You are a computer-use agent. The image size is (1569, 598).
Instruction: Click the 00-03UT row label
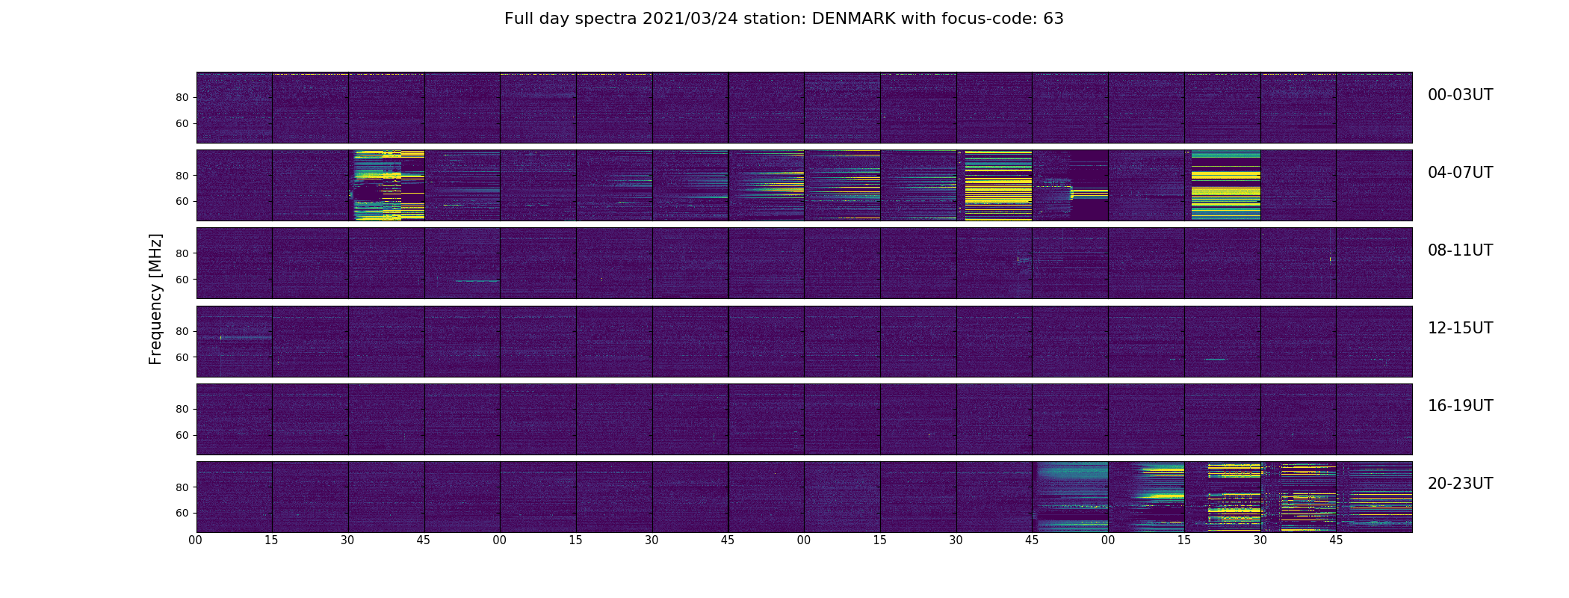pyautogui.click(x=1460, y=95)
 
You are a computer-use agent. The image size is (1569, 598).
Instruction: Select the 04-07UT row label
pyautogui.click(x=1460, y=173)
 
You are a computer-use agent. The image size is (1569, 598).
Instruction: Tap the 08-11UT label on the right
pyautogui.click(x=1460, y=250)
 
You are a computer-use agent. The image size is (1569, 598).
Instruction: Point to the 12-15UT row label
pyautogui.click(x=1460, y=328)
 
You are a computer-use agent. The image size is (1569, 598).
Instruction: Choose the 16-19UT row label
pyautogui.click(x=1460, y=406)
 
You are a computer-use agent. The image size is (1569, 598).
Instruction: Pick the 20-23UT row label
pyautogui.click(x=1460, y=484)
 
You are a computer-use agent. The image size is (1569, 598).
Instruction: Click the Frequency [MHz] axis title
pyautogui.click(x=155, y=299)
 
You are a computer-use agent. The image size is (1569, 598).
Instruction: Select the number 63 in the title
pyautogui.click(x=1053, y=19)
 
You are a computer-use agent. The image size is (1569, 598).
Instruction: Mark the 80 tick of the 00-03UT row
pyautogui.click(x=182, y=98)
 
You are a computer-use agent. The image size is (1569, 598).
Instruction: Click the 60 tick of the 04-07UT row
pyautogui.click(x=182, y=202)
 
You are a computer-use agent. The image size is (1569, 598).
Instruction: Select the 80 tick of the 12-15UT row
pyautogui.click(x=182, y=332)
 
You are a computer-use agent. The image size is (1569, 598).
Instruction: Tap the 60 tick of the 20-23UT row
pyautogui.click(x=182, y=514)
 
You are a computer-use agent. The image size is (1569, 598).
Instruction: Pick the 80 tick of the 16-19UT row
pyautogui.click(x=182, y=410)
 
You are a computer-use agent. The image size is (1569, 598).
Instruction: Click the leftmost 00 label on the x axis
pyautogui.click(x=196, y=540)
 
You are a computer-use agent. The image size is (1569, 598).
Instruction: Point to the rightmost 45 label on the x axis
pyautogui.click(x=1336, y=540)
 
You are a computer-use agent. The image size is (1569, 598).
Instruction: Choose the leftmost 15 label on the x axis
pyautogui.click(x=272, y=540)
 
